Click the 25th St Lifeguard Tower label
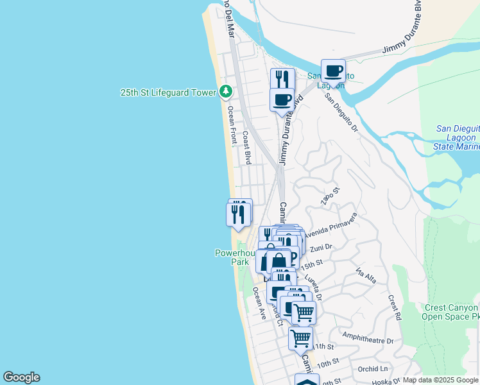(x=168, y=92)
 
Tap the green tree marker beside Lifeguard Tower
(x=225, y=92)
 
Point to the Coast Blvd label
(x=246, y=148)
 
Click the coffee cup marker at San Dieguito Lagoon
(x=333, y=71)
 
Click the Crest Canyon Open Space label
(x=452, y=312)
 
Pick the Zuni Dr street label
(x=320, y=248)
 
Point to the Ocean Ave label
(x=259, y=303)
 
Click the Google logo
(x=21, y=377)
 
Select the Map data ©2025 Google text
(x=440, y=380)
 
